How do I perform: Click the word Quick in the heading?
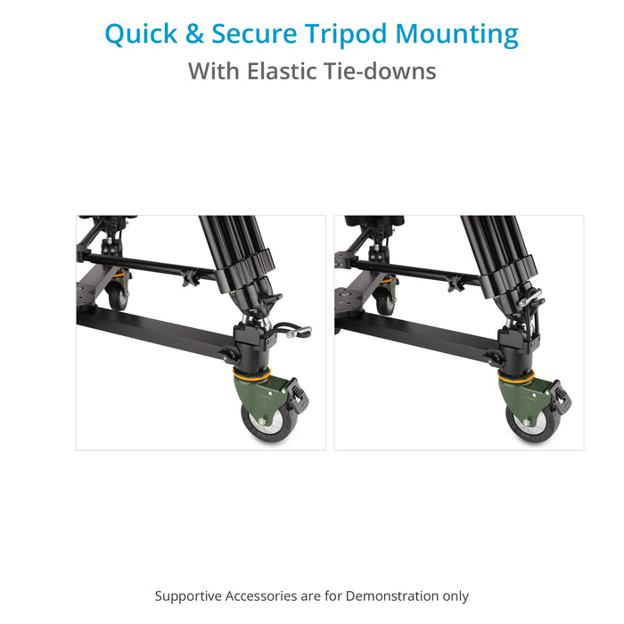coord(141,35)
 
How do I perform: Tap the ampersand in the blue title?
coord(194,34)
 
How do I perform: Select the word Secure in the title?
coord(254,34)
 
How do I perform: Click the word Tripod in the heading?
coord(346,35)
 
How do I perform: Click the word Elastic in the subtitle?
coord(283,71)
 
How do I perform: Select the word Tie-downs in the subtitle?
coord(381,71)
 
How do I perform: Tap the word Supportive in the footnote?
coord(188,596)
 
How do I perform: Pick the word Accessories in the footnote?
coord(261,596)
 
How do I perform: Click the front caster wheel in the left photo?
coord(268,423)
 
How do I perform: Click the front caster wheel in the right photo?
coord(532,423)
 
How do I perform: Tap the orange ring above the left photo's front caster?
coord(251,375)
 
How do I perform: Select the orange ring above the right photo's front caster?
coord(516,375)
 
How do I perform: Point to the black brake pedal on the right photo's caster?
coord(561,398)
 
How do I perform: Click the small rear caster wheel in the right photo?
coord(384,300)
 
